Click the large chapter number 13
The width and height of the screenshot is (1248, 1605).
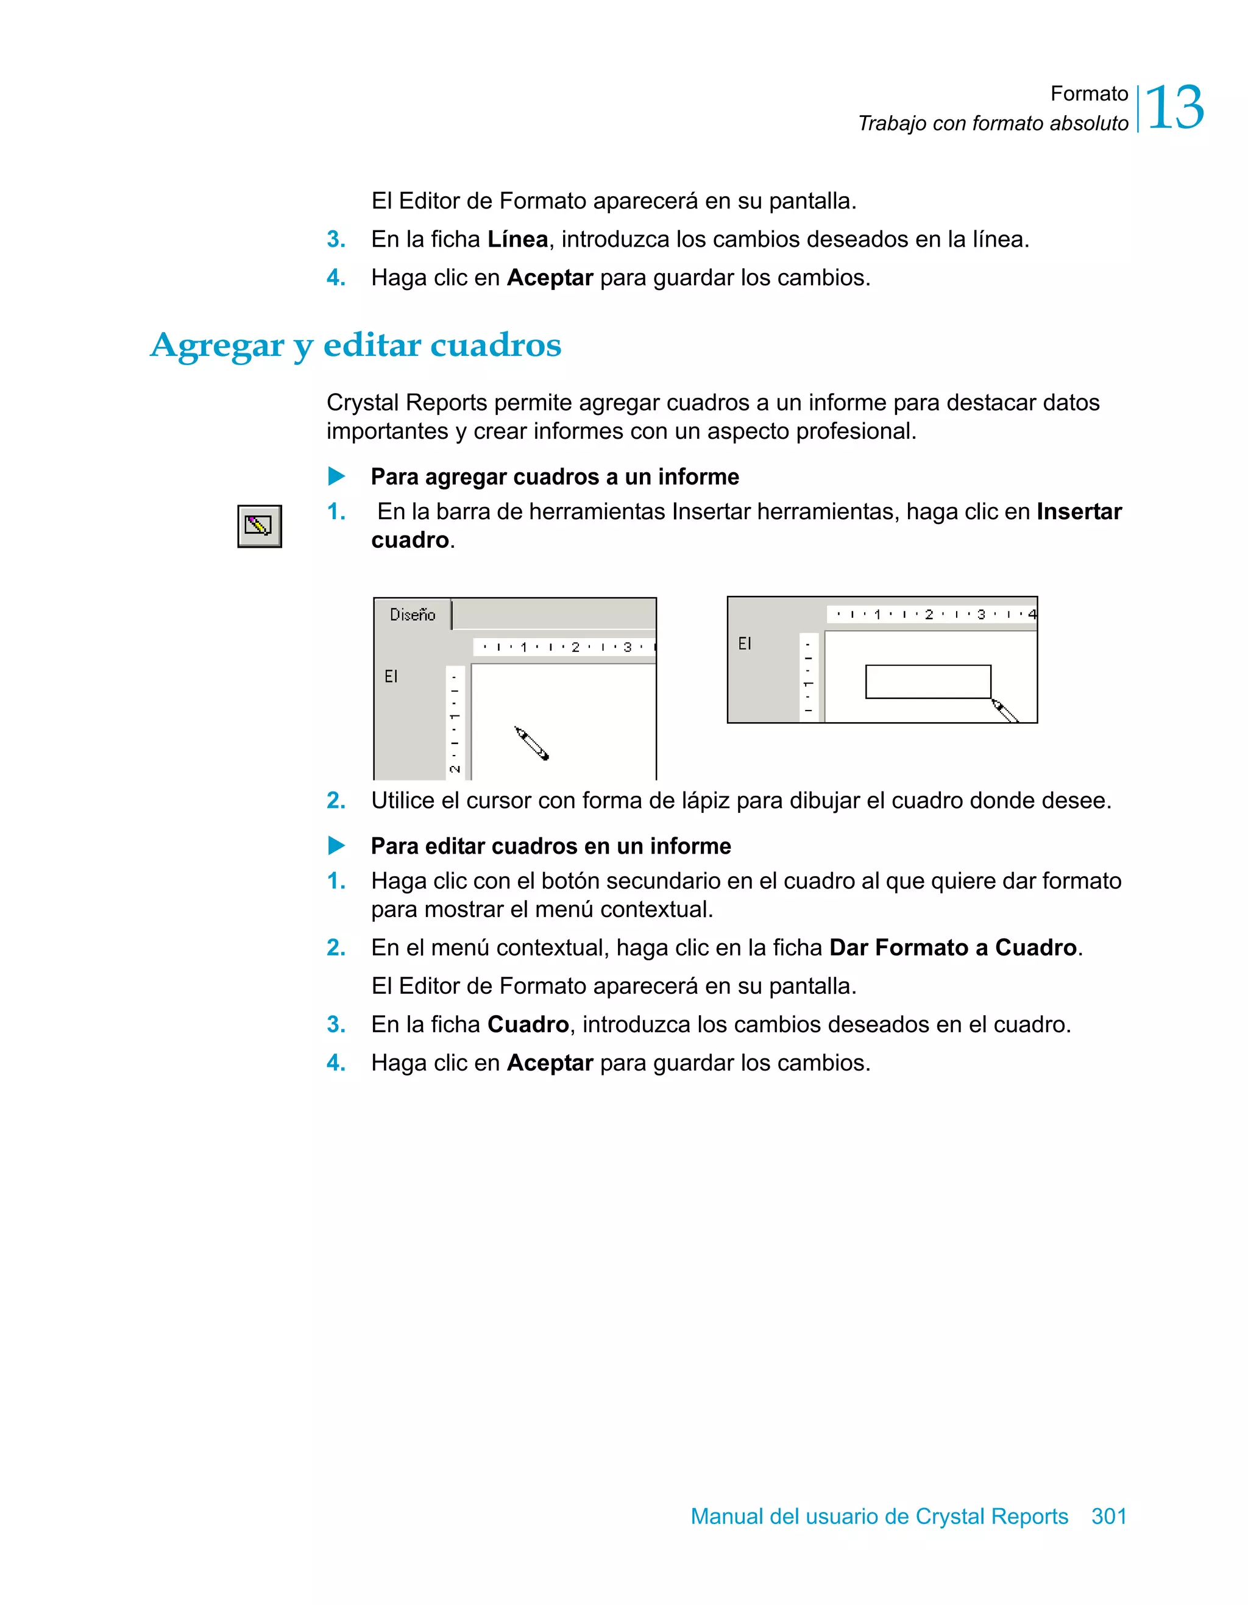pos(1174,108)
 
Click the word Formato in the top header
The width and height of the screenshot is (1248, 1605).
pos(1088,94)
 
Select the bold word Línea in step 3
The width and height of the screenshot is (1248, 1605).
pos(517,239)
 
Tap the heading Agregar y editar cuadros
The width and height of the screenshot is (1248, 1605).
pos(356,345)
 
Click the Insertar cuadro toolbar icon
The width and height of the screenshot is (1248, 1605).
pos(260,526)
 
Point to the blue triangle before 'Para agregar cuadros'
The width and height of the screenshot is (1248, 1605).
pos(336,477)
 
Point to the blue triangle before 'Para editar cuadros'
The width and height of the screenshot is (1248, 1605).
pos(336,846)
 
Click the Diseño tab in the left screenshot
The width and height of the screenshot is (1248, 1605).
pos(413,615)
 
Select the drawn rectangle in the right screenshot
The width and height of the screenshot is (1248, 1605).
pos(927,682)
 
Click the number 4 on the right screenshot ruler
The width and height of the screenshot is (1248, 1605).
pos(1032,614)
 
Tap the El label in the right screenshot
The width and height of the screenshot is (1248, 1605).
pos(745,643)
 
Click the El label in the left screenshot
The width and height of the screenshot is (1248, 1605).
pos(391,676)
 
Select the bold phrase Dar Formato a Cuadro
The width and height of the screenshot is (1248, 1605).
pos(952,948)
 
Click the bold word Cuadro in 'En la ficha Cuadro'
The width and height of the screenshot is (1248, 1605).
pos(528,1024)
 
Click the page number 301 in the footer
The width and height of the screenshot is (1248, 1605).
pos(1108,1516)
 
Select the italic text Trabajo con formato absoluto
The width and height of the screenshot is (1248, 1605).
pos(993,124)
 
